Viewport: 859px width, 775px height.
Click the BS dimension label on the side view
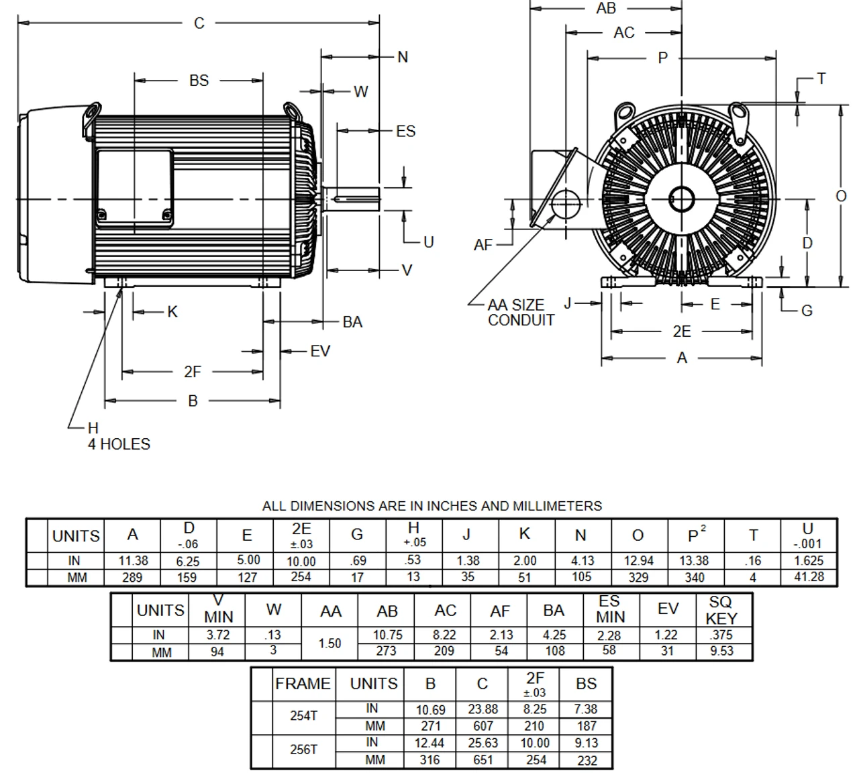199,81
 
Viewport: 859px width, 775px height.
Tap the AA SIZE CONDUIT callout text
521,313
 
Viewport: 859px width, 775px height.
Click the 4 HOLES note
119,444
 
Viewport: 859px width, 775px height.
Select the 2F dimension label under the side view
193,372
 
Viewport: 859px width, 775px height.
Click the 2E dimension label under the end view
681,331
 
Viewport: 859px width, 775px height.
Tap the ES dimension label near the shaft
405,131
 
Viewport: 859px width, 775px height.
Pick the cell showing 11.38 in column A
132,560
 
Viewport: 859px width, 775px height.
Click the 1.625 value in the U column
809,560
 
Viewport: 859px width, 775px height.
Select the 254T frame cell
303,716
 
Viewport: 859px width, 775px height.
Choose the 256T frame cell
303,750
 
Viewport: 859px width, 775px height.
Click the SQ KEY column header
722,610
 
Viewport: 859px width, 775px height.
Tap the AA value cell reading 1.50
330,643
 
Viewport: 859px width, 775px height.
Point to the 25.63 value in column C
483,743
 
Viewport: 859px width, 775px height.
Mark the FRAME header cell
303,684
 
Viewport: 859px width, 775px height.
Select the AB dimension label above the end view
605,9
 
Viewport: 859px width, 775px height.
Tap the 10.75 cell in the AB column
387,635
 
